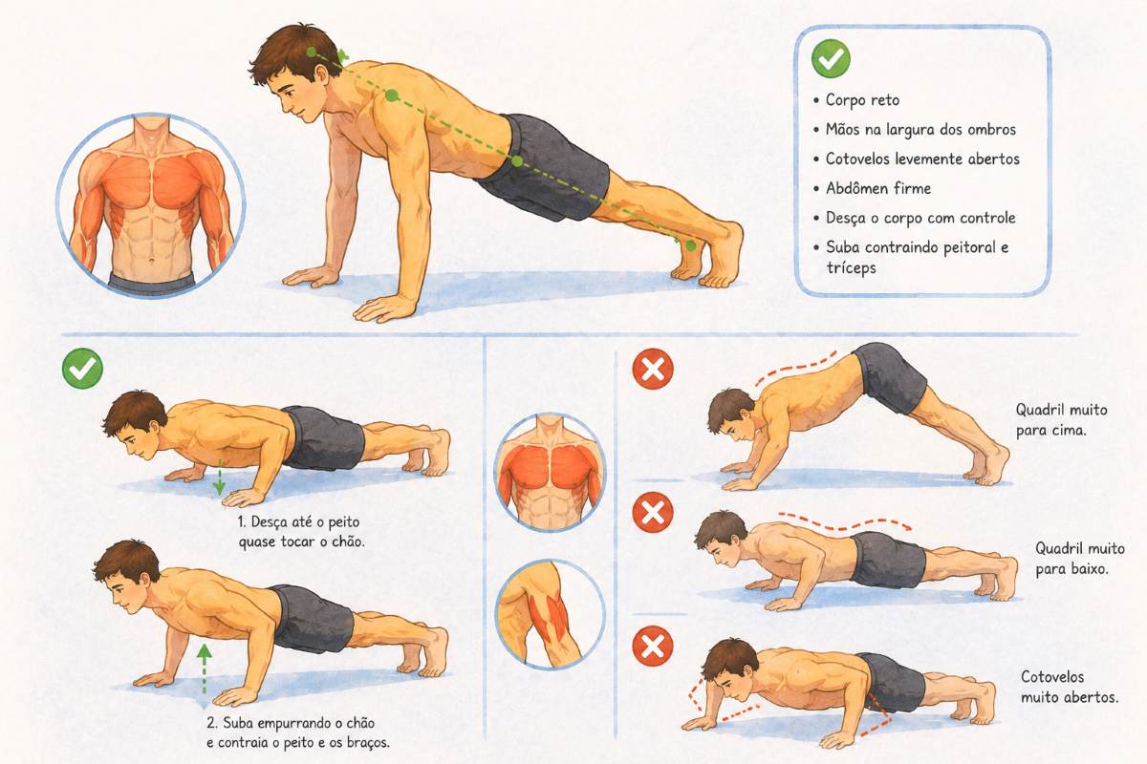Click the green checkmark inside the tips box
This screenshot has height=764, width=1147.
click(x=831, y=59)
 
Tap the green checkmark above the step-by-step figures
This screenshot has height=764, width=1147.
click(x=82, y=369)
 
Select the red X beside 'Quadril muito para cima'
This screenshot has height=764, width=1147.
click(x=653, y=369)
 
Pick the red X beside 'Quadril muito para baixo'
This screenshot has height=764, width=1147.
click(x=653, y=512)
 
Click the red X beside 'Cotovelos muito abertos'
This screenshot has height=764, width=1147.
click(x=653, y=646)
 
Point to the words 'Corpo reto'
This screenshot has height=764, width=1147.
click(x=862, y=99)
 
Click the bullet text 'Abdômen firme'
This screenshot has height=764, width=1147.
click(x=878, y=188)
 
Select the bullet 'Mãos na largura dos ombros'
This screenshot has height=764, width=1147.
click(x=920, y=130)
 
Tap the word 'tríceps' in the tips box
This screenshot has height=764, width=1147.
click(x=851, y=267)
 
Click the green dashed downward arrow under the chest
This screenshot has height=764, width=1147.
click(x=219, y=477)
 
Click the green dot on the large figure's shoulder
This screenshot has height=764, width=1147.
click(x=392, y=95)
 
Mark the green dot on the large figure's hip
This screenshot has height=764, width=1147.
click(x=517, y=161)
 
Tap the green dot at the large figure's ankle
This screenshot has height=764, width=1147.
click(x=691, y=245)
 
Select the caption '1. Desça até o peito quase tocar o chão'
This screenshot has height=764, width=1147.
click(x=302, y=532)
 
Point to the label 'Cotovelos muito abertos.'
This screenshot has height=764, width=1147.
click(x=1070, y=687)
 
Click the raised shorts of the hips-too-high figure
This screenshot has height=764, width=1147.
click(x=890, y=377)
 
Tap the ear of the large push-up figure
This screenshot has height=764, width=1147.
click(x=322, y=75)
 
